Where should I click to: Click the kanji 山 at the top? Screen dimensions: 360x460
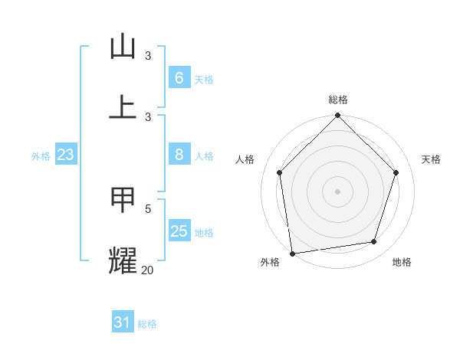click(x=123, y=47)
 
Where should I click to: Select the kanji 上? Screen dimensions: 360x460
click(x=123, y=106)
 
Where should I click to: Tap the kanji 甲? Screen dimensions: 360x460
click(x=123, y=199)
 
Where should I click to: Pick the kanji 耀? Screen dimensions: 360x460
click(x=123, y=260)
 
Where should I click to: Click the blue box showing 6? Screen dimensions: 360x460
click(x=179, y=77)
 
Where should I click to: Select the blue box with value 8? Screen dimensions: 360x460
click(x=179, y=155)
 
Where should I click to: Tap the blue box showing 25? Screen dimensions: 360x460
click(x=179, y=231)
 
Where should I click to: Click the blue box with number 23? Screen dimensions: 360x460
click(x=66, y=155)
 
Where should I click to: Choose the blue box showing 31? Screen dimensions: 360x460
click(x=123, y=322)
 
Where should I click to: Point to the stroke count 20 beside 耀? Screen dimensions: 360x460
click(x=147, y=270)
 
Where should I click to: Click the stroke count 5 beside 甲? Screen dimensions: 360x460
click(x=148, y=208)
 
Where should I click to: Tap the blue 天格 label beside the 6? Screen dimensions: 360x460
click(x=204, y=79)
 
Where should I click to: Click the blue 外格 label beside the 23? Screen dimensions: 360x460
click(x=41, y=156)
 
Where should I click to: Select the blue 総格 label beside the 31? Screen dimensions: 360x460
click(x=147, y=324)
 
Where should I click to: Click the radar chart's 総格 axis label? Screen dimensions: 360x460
click(x=338, y=100)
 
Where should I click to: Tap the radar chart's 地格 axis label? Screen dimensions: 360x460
click(x=402, y=262)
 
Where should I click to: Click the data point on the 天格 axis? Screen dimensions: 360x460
click(x=396, y=172)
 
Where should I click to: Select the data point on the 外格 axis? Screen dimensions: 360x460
click(x=292, y=253)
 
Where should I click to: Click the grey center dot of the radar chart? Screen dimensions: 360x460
click(x=338, y=191)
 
